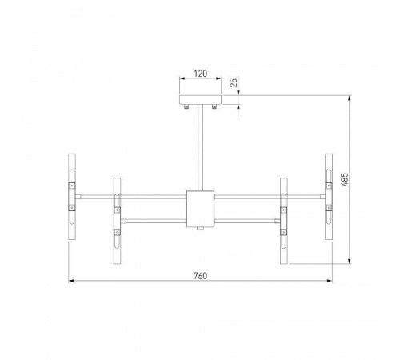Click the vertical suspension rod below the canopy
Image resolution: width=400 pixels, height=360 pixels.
point(199,148)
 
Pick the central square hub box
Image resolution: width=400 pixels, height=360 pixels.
point(199,208)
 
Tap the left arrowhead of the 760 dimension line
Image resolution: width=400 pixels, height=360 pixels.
point(70,281)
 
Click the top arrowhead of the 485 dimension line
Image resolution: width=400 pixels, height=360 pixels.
point(350,98)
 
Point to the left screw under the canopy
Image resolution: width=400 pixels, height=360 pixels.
point(186,107)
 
